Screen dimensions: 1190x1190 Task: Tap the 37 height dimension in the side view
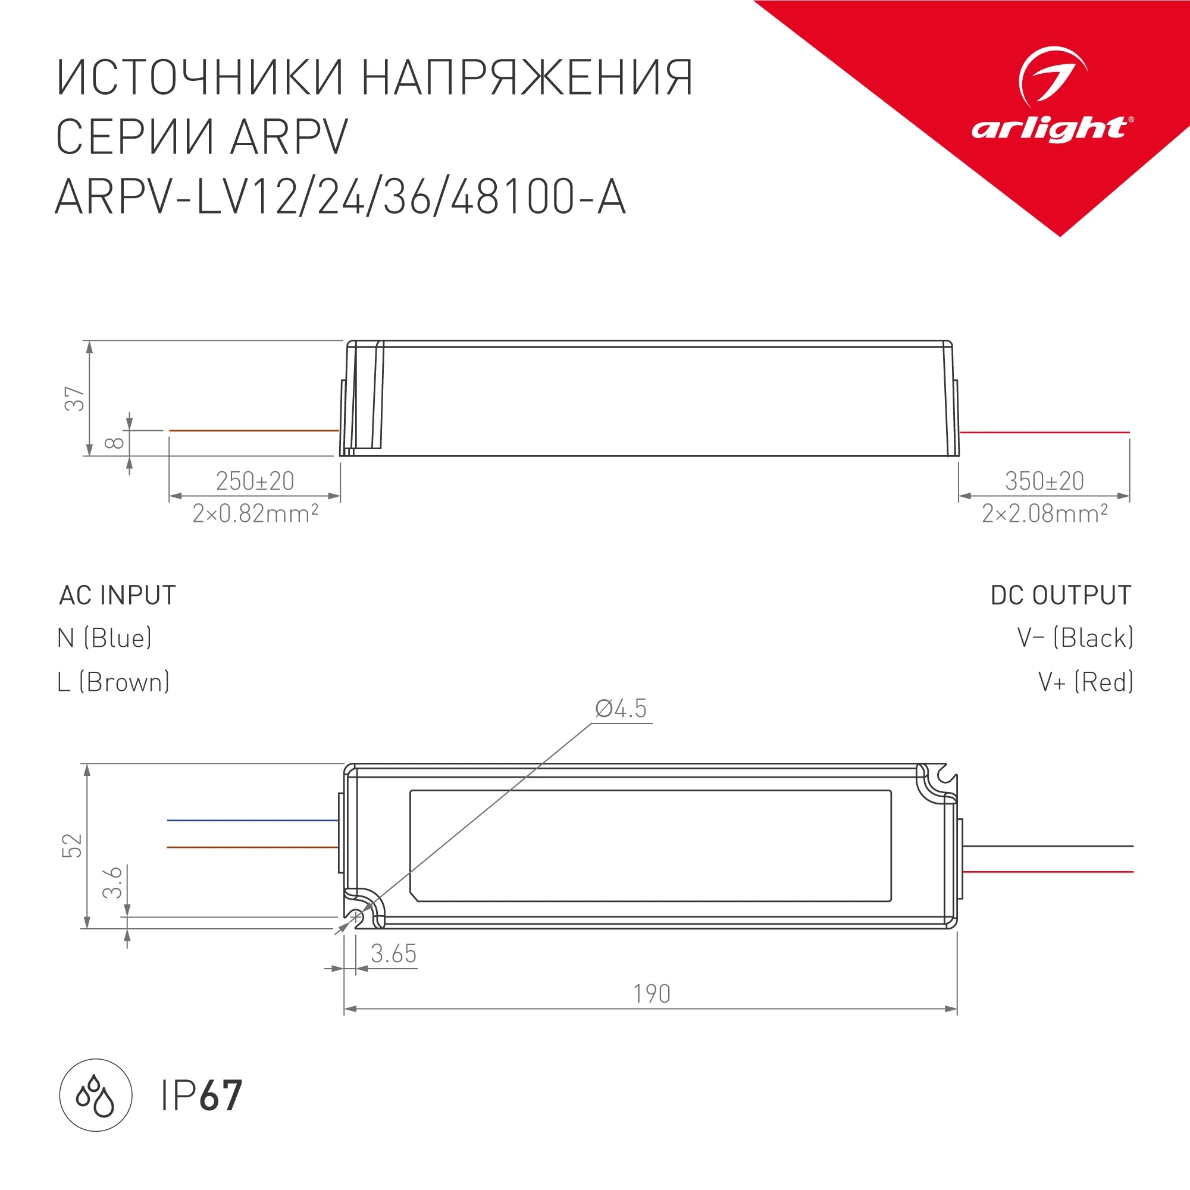(x=74, y=399)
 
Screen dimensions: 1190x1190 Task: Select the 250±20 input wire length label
(x=255, y=481)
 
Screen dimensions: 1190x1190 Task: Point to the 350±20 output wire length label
(x=1044, y=481)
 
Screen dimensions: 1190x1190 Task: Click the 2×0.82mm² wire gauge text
(x=255, y=513)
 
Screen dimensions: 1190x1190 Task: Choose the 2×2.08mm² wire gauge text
(x=1045, y=513)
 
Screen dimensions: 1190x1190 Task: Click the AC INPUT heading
(x=118, y=596)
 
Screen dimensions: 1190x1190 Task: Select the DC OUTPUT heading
(x=1061, y=596)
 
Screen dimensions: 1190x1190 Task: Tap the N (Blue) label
(x=105, y=638)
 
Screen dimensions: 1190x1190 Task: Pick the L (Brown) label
(x=113, y=682)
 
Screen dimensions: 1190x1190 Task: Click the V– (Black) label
(x=1075, y=638)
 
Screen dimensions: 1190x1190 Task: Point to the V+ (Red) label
(x=1085, y=682)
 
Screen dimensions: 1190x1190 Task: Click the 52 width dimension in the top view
(x=72, y=845)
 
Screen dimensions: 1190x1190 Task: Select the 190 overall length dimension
(x=652, y=994)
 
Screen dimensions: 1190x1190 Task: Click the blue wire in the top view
(x=252, y=821)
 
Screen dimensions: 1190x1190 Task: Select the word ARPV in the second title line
(x=290, y=137)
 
